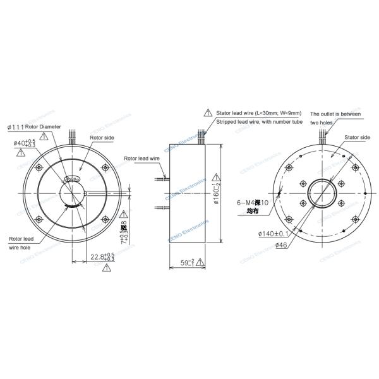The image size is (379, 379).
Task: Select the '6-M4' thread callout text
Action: tap(248, 203)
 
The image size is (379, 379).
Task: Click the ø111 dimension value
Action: tap(15, 127)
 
